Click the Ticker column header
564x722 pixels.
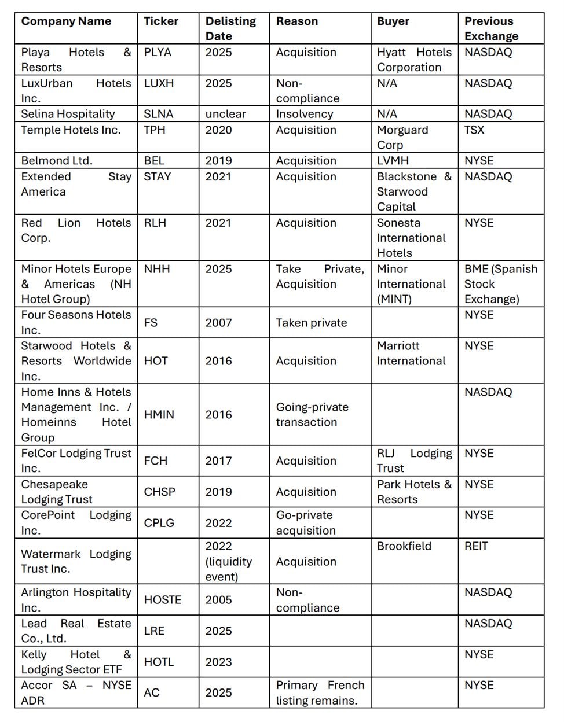[161, 21]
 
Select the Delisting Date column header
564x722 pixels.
[230, 28]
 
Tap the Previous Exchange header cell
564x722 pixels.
[491, 28]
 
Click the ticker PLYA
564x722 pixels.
[158, 52]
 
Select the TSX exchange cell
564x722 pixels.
[474, 130]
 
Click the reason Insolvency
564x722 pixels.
[305, 114]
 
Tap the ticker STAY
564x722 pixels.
[158, 176]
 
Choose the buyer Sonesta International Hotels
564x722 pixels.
[411, 238]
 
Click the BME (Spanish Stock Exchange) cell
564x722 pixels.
[500, 284]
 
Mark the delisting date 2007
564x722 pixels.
[218, 323]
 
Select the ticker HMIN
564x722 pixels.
[159, 415]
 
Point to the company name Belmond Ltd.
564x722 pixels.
[57, 161]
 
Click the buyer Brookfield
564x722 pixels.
[404, 546]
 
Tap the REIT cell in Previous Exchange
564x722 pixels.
[476, 546]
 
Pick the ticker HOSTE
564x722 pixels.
[163, 600]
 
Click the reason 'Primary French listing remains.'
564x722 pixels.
[320, 692]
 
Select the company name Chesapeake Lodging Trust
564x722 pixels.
[57, 492]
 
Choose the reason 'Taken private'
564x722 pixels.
[312, 323]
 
